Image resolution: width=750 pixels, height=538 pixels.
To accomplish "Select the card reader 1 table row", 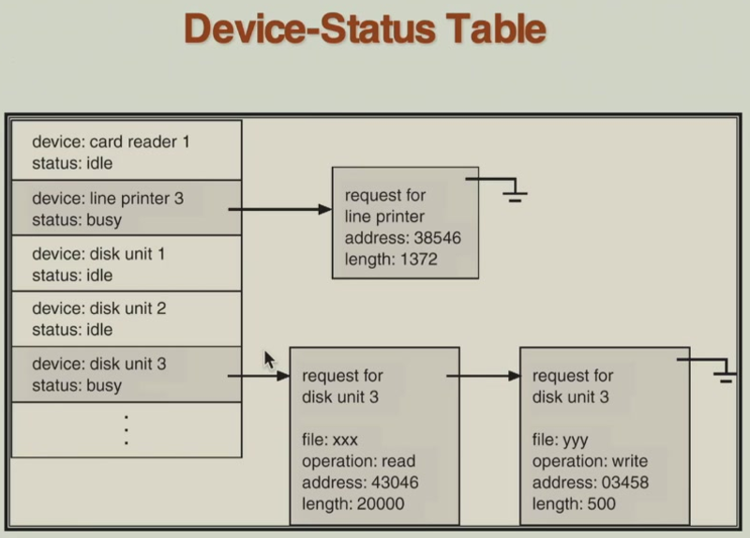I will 126,152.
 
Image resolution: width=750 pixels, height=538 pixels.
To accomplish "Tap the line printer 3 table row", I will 126,208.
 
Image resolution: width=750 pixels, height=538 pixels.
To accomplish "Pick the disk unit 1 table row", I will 126,264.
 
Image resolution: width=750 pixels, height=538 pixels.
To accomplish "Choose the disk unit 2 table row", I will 126,319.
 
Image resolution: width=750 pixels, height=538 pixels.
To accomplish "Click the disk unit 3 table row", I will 126,373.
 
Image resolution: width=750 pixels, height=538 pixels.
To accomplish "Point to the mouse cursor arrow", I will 269,359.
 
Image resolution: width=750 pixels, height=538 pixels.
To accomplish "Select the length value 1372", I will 418,260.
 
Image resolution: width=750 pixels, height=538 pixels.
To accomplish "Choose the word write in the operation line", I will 626,461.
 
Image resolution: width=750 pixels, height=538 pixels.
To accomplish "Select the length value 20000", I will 381,504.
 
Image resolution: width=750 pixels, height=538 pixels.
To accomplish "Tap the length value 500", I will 599,504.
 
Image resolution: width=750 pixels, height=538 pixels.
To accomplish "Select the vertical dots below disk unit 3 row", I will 126,428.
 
